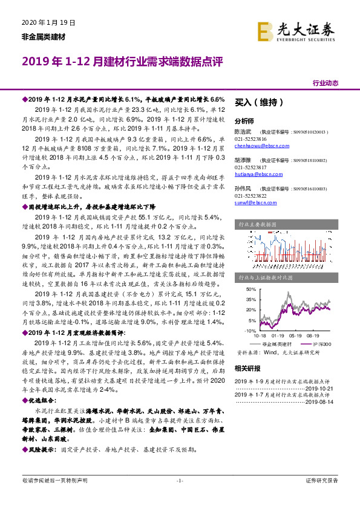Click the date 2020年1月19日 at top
coord(47,23)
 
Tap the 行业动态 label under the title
coord(325,83)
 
